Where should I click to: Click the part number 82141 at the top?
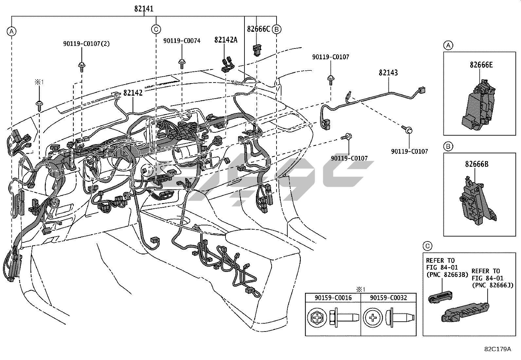coord(144,9)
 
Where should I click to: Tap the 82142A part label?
coord(226,40)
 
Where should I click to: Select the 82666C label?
coord(259,29)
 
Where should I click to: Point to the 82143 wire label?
coord(388,72)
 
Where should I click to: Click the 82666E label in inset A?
coord(481,65)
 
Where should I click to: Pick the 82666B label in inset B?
coord(477,164)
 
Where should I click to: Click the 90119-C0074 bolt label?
coord(182,41)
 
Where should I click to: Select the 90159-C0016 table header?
coord(333,298)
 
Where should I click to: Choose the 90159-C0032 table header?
coord(388,298)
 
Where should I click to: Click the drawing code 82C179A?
coord(498,349)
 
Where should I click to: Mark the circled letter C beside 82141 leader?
coord(156,29)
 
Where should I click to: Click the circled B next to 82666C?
coord(277,29)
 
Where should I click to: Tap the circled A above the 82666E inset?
coord(448,46)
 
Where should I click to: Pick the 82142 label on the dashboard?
coord(133,93)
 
